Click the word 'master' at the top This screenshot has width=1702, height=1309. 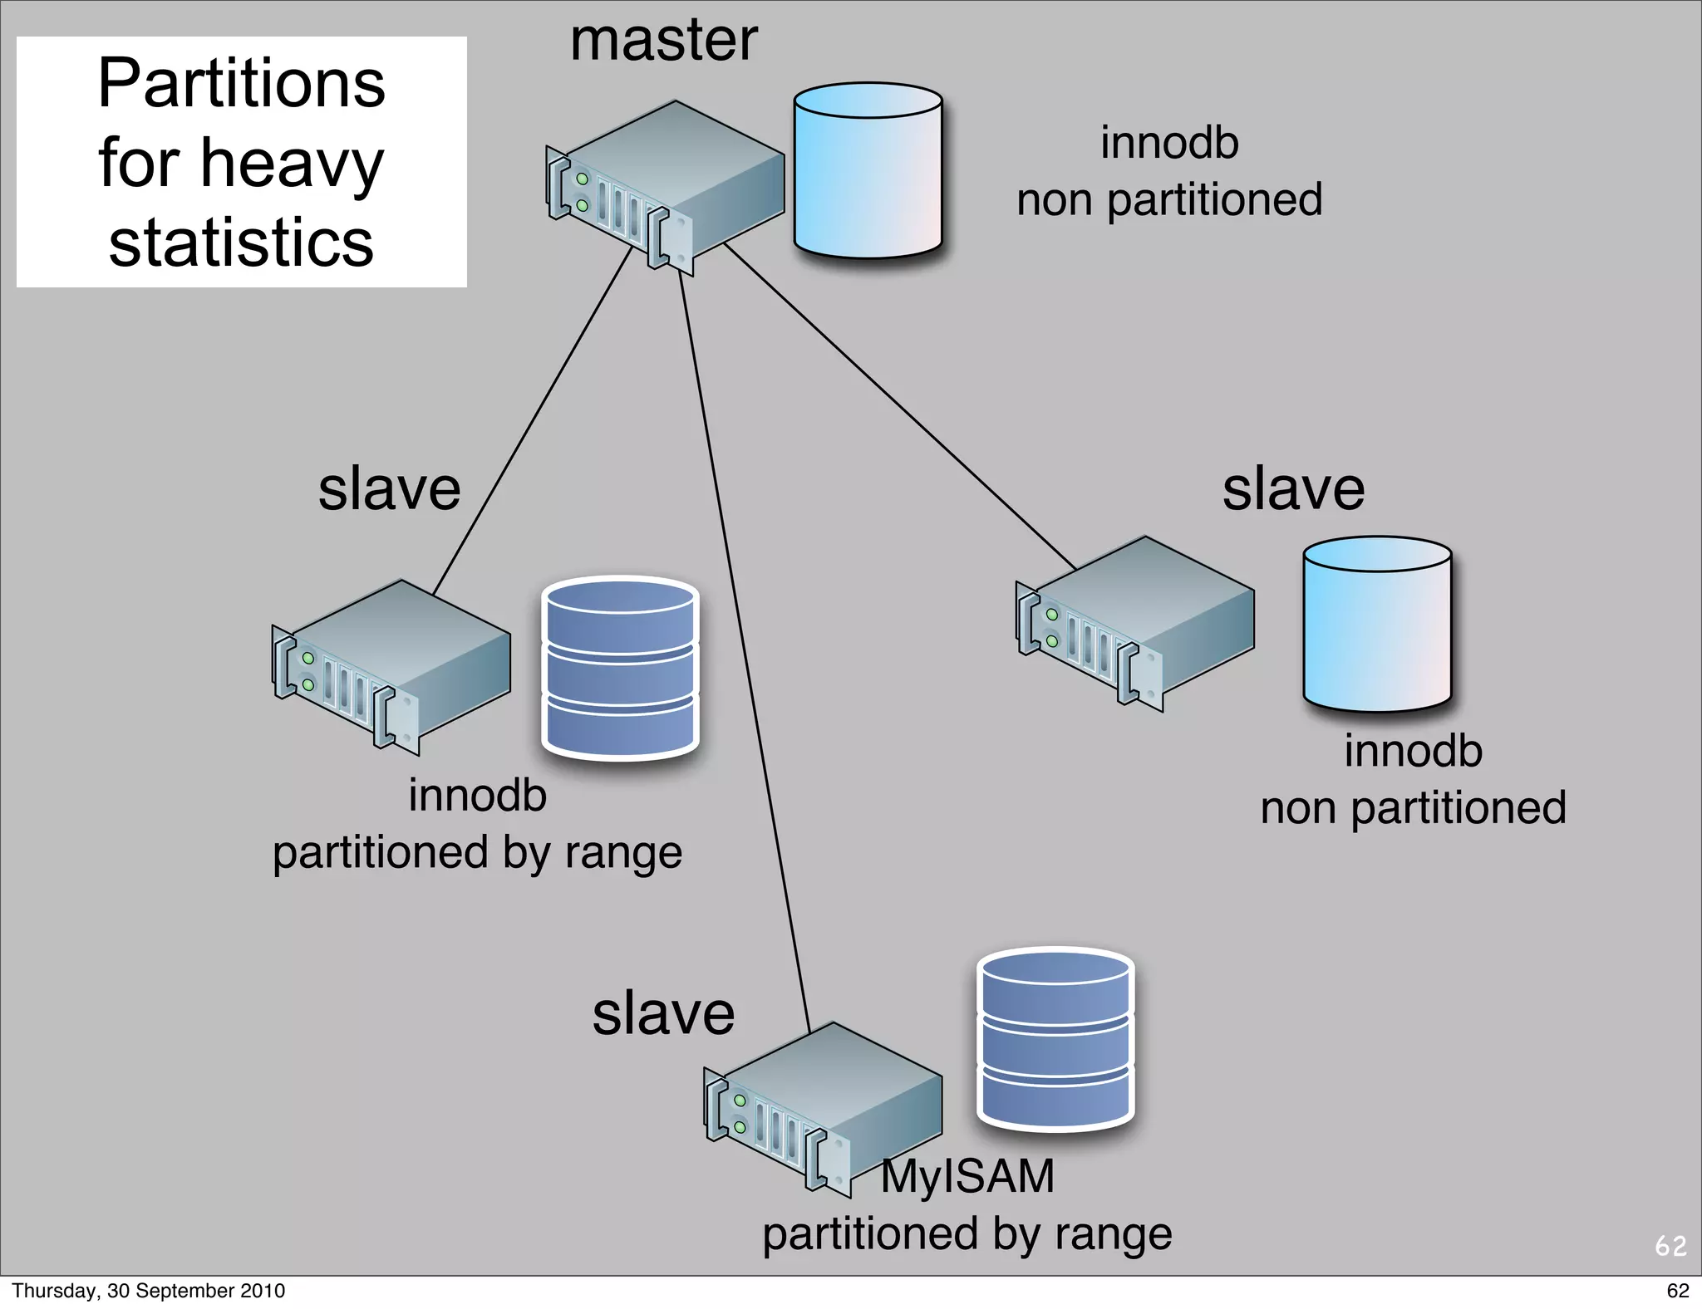pos(663,42)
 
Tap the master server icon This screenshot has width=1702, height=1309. pos(665,187)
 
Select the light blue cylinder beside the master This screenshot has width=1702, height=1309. pos(868,170)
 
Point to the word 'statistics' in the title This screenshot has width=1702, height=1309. pos(241,243)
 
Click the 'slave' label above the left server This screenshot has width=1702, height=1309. pos(389,489)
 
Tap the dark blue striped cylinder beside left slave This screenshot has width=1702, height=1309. pos(620,668)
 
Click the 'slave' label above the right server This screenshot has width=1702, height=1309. pos(1293,489)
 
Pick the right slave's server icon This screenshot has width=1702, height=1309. pos(1134,623)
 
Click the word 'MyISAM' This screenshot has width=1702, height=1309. pos(967,1176)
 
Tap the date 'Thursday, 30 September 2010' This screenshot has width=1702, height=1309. pos(148,1291)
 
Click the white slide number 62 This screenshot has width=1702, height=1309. pos(1670,1246)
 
